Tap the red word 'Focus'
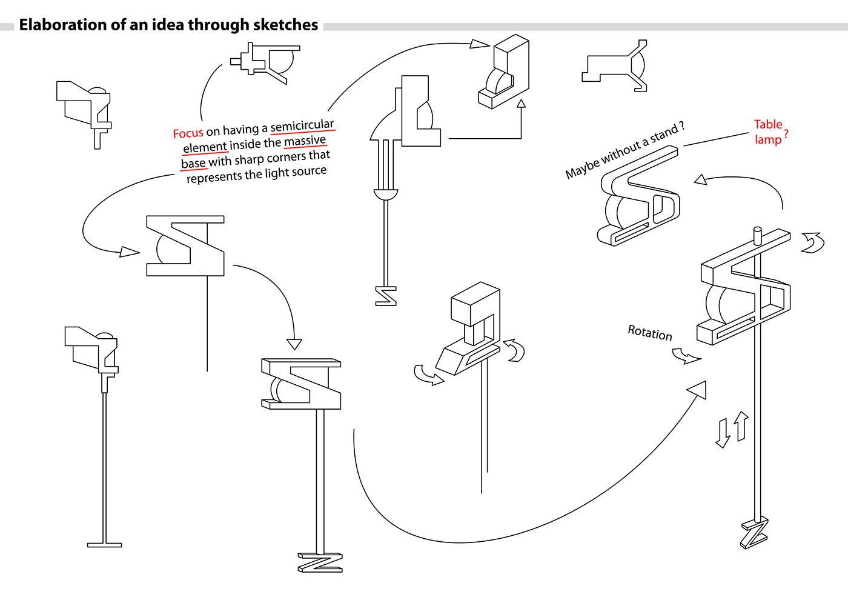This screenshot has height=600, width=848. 188,133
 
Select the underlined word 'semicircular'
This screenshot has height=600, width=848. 302,126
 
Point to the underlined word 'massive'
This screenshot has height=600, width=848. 305,141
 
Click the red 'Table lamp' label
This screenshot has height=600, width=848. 768,132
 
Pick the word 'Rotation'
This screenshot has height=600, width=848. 649,333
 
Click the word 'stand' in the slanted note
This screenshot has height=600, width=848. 664,135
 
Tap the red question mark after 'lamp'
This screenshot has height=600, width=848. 786,136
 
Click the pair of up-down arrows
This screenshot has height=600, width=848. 732,430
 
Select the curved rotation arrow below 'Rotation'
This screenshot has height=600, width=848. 686,356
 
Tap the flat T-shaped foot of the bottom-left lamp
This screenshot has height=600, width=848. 104,545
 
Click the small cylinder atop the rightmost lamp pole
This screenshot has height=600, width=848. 757,235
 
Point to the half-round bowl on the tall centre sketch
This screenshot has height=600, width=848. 386,195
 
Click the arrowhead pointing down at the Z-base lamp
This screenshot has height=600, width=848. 294,344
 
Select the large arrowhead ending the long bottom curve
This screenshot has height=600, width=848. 698,390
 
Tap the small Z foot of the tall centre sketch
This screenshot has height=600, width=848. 386,296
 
